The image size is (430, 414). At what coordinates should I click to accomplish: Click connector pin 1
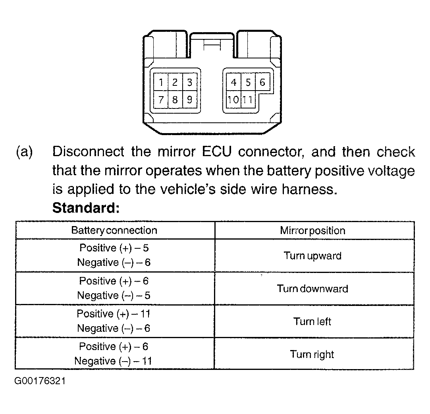coord(161,82)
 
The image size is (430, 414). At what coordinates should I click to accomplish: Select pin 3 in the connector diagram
coord(189,82)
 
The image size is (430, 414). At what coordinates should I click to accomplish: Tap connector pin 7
coord(161,99)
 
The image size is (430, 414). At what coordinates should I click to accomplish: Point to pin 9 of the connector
coord(189,99)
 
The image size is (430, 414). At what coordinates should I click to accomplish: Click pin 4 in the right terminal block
coord(233,82)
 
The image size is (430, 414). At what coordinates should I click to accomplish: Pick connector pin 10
coord(233,99)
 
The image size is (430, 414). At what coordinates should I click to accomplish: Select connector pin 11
coord(248,99)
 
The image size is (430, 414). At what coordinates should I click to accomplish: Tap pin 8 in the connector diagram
coord(175,99)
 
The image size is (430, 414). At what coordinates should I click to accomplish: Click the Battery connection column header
coord(114,230)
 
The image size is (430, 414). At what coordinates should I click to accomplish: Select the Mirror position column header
coord(312,230)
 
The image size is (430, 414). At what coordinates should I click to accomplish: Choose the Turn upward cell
coord(312,256)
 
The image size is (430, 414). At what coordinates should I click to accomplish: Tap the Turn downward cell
coord(312,288)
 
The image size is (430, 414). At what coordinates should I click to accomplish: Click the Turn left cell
coord(312,321)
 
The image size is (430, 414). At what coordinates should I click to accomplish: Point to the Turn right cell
coord(312,354)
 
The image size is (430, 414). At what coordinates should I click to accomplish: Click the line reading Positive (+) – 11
coord(114,313)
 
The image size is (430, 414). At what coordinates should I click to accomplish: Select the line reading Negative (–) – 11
coord(113,361)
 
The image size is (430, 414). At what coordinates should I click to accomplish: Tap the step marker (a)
coord(24,152)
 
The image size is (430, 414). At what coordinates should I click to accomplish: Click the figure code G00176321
coord(40,381)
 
